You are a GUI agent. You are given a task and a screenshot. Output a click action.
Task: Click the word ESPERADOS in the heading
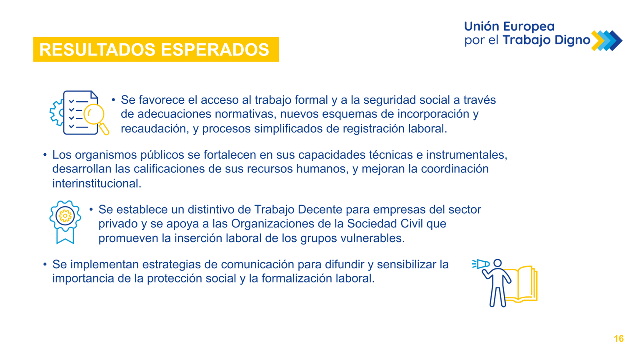point(215,50)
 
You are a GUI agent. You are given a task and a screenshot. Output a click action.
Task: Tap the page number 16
point(619,339)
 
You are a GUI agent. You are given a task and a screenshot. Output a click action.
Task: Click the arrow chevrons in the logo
point(607,40)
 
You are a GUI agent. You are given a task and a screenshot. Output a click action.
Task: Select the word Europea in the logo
point(529,27)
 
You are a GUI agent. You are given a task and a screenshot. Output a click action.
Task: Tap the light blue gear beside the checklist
point(57,112)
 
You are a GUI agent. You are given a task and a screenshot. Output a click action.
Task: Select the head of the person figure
point(497,263)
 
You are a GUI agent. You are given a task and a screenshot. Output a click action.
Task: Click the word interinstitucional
point(97,183)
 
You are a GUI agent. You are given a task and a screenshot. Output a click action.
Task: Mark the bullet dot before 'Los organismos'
point(45,155)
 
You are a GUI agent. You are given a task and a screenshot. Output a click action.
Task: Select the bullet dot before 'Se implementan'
point(45,265)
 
